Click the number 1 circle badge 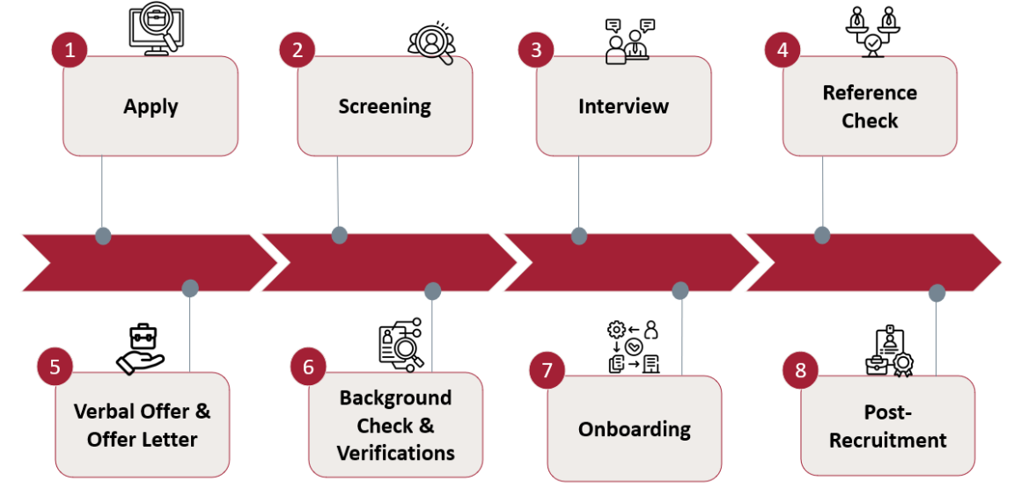pos(70,50)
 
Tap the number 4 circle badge pos(782,50)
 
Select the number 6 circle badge pos(308,367)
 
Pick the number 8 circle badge pos(800,370)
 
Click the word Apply pos(151,106)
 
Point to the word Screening pos(385,106)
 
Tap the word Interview pos(623,106)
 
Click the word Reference pos(870,92)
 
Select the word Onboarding pos(634,429)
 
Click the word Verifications pos(395,453)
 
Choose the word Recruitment pos(887,440)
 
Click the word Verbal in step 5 pos(105,411)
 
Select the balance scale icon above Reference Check pos(871,31)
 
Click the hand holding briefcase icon pos(141,348)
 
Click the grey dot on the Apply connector pos(103,236)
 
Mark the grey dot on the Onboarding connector pos(680,290)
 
